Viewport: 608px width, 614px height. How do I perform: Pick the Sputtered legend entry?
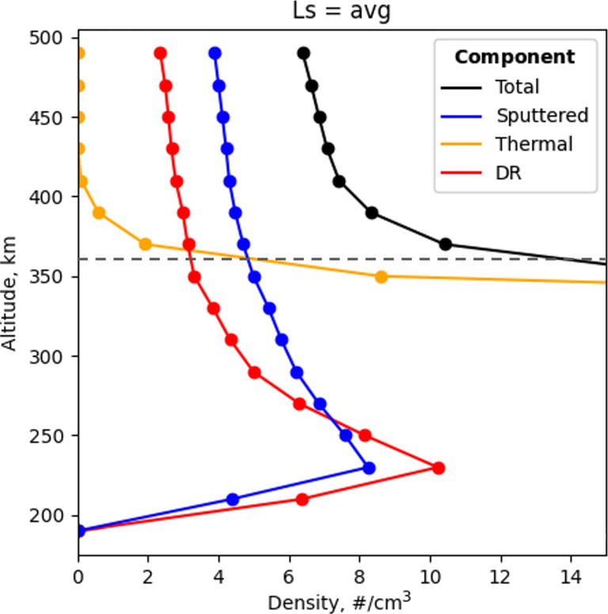541,115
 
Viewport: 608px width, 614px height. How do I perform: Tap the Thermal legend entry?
534,144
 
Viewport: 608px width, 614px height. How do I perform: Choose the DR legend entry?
506,173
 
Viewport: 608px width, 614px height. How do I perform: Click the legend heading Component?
515,57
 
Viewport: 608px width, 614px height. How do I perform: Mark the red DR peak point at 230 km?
438,467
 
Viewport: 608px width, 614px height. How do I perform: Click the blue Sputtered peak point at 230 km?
368,467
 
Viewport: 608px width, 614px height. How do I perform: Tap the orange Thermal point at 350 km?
381,276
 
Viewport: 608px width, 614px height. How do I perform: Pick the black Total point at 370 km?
445,244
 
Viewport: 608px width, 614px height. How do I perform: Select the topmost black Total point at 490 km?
303,53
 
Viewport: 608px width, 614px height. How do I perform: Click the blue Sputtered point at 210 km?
233,499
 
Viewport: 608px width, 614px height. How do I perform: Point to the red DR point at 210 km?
302,499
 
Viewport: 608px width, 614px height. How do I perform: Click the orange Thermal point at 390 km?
99,212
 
